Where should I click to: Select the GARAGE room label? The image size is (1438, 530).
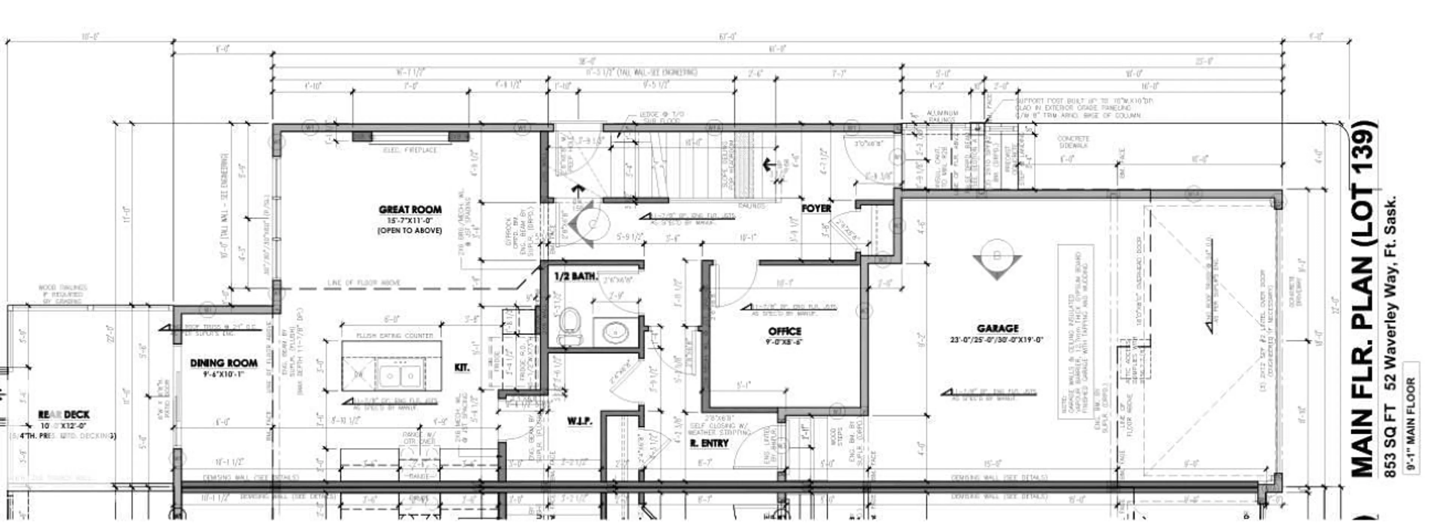(x=998, y=329)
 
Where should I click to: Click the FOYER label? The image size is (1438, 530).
(x=816, y=208)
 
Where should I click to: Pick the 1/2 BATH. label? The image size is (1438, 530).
(x=575, y=276)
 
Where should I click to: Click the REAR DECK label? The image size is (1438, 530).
(x=64, y=414)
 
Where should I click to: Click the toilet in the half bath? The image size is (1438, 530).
(x=569, y=327)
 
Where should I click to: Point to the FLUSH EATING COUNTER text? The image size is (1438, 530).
(x=395, y=336)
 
